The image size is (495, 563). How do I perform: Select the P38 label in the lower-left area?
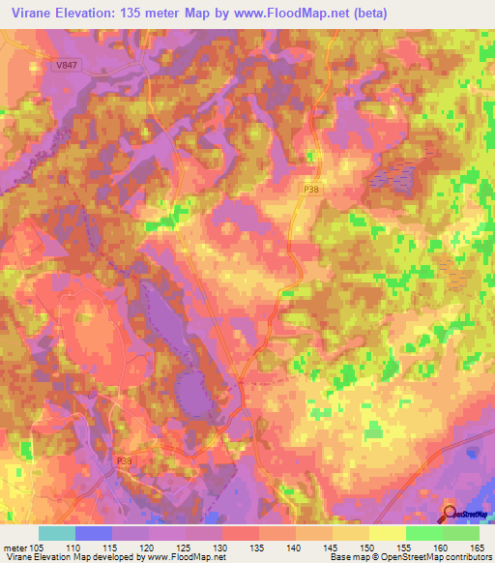tap(124, 461)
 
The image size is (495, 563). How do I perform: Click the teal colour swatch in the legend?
tap(56, 532)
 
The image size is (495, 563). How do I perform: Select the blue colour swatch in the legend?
tap(94, 532)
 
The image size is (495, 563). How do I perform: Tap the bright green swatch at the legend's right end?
tap(460, 532)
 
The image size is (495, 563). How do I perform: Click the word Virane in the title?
tap(29, 11)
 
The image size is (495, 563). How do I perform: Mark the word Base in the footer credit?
tap(335, 556)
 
